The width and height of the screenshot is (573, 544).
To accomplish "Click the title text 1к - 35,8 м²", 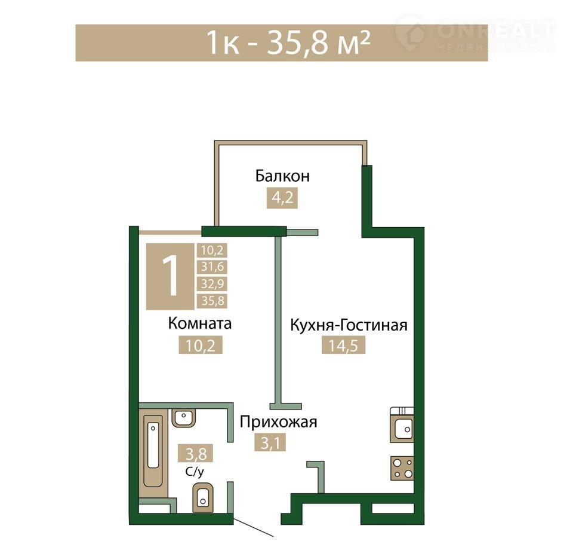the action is coord(288,42).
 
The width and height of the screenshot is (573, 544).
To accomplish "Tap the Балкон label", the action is coord(282,176).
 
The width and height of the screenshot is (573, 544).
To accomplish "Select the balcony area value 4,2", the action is coord(282,198).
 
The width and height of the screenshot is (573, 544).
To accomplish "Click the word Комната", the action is coord(199,323).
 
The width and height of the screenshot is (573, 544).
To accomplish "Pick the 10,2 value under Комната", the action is coord(201,345).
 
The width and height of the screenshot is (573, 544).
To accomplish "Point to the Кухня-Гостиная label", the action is coord(349,325).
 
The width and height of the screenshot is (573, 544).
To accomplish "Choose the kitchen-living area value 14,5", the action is coord(344,345).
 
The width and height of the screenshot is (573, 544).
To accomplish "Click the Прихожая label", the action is coord(279,422).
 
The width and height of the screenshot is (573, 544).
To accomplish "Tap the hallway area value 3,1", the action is coord(270,442).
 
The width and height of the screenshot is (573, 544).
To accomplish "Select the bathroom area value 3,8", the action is coord(195,454).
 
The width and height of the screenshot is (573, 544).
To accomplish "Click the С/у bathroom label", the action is coord(195,472).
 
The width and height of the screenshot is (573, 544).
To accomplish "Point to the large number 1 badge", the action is coord(170,276).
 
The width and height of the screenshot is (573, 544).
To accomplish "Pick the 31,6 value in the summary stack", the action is coord(212,267).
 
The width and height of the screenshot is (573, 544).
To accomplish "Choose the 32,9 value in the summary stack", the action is coord(212,283).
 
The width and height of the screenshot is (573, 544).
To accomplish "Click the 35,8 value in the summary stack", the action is coord(212,301).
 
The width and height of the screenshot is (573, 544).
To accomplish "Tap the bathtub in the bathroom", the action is coord(153,450).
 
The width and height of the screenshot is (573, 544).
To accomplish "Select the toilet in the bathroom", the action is coord(202,498).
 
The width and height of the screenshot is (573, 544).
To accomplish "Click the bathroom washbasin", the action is coord(183,418).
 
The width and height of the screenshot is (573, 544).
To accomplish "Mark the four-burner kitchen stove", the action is coord(402,468).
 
